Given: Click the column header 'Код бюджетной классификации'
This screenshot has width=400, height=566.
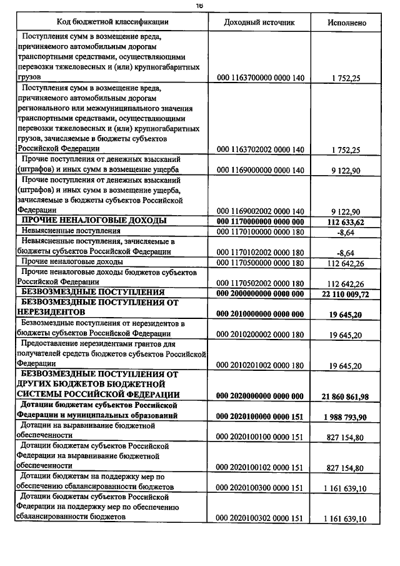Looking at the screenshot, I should (113, 23).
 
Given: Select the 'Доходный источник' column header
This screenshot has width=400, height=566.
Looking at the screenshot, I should (259, 23).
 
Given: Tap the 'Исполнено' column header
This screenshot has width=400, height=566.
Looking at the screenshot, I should (347, 23).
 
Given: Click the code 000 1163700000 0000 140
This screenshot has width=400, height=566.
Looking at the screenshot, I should (260, 78).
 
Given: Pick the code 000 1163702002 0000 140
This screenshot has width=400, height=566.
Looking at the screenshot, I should (260, 149).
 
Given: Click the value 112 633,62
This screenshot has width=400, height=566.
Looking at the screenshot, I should (347, 221).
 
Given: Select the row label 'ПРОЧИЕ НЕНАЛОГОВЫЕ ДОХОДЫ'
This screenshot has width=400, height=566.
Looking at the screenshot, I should (94, 221).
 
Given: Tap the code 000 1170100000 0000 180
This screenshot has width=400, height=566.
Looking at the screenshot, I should (260, 231).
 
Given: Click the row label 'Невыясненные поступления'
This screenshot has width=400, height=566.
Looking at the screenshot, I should (62, 231).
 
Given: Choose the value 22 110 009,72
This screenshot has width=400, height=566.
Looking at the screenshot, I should (346, 293).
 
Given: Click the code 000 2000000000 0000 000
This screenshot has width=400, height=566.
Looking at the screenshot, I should (260, 293).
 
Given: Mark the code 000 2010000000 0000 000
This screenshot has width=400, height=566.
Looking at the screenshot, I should (260, 313).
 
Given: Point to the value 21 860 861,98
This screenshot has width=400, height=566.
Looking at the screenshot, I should (346, 396).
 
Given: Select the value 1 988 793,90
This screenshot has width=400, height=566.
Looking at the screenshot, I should (346, 416).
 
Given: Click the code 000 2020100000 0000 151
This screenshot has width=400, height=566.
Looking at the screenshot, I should (260, 416).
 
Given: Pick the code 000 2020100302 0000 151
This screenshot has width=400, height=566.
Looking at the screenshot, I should (260, 518).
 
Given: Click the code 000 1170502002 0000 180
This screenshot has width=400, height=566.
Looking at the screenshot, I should (260, 283).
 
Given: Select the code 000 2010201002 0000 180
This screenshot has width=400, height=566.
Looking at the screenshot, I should (260, 365).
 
